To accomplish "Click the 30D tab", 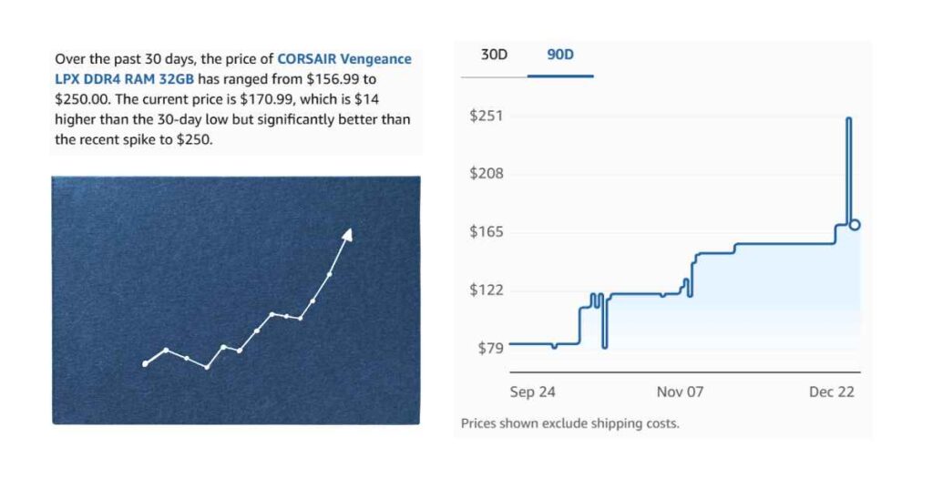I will tap(494, 55).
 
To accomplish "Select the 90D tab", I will tap(560, 55).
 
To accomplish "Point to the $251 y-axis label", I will tap(486, 116).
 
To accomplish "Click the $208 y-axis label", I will tap(486, 174).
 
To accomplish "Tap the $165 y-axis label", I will tap(486, 232).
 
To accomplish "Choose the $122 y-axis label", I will tap(486, 290).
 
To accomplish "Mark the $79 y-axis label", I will tap(489, 348).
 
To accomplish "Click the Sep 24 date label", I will tap(532, 391).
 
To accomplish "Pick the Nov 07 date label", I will tap(681, 391).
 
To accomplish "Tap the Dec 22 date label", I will tap(831, 391).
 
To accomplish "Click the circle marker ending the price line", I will tap(855, 225).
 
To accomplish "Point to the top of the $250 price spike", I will tap(849, 119).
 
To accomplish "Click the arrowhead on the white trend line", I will tap(347, 235).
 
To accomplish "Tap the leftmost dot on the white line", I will tap(145, 364).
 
